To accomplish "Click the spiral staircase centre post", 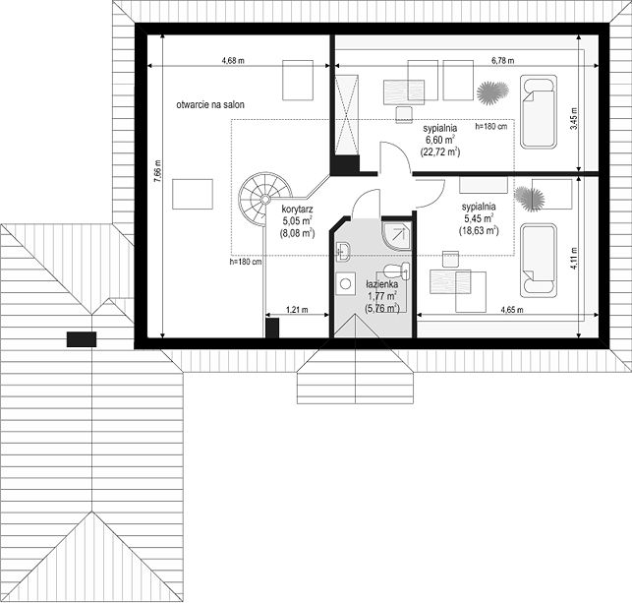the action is click(x=265, y=199).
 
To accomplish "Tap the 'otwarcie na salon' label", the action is click(x=210, y=105).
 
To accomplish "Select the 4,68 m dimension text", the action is click(x=233, y=61).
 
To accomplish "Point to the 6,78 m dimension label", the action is click(x=502, y=61).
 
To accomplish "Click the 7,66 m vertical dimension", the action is click(x=157, y=171).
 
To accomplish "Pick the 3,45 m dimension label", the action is click(x=574, y=118).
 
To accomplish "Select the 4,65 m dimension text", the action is click(x=512, y=310).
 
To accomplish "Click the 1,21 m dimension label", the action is click(x=297, y=310).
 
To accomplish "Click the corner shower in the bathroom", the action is click(x=397, y=236).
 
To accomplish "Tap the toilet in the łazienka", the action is click(x=397, y=271).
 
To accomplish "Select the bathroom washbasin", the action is click(x=343, y=252).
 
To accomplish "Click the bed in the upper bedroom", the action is click(x=539, y=112).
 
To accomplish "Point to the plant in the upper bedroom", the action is click(x=492, y=92).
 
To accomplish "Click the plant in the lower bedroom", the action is click(x=530, y=199).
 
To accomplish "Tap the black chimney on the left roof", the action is click(x=82, y=339).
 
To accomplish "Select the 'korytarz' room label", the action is click(x=298, y=210).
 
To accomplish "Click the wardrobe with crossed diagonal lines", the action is click(x=347, y=114).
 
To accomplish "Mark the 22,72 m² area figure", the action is click(x=439, y=152).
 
